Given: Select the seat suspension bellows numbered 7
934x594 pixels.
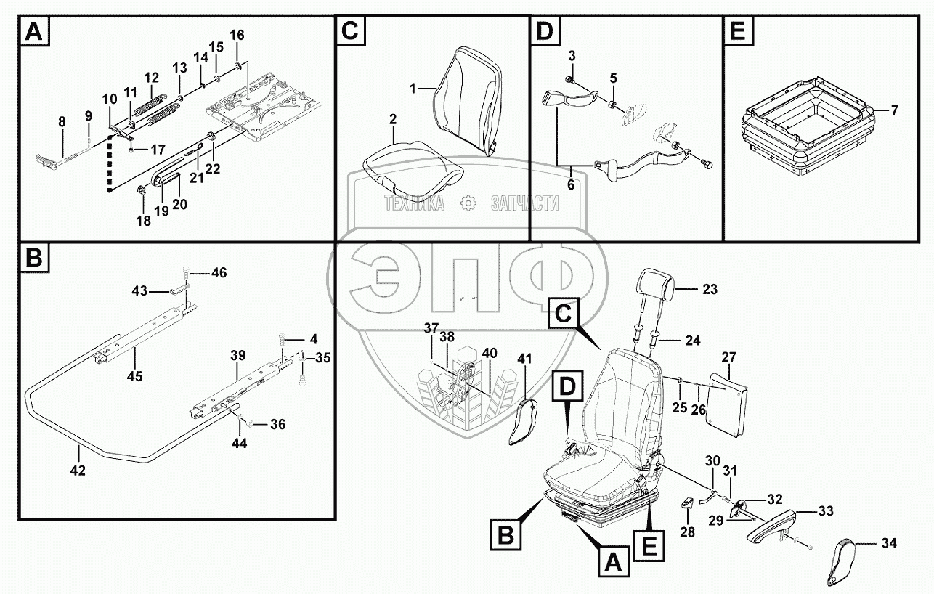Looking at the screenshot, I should coord(804,130).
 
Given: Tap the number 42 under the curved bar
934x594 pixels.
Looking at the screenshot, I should coord(78,471).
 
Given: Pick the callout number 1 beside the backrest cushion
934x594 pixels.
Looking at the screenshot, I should coord(413,89).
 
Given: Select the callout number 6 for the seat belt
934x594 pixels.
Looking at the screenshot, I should coord(571,184).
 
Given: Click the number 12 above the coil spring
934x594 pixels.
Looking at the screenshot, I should coord(151,78).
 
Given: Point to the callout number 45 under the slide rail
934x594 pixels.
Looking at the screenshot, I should coord(135,376).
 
